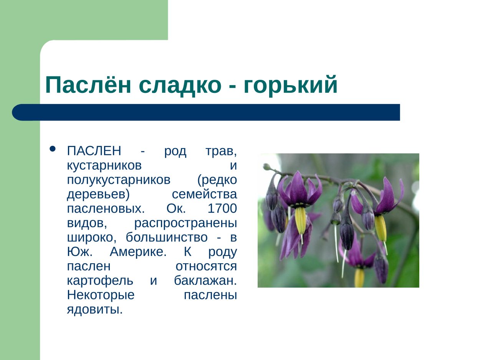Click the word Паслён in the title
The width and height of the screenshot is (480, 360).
click(x=89, y=85)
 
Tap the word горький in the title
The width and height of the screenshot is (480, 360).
click(x=290, y=85)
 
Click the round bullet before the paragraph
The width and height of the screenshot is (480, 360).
click(x=53, y=149)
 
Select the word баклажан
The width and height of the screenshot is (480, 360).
click(x=205, y=281)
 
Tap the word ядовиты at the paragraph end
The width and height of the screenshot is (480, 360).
click(x=94, y=309)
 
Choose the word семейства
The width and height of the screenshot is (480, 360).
click(x=204, y=195)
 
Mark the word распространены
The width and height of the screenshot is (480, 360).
click(x=185, y=223)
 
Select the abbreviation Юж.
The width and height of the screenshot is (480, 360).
click(x=78, y=252)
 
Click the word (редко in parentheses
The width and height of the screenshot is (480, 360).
click(x=217, y=180)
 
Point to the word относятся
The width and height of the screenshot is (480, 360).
click(x=206, y=266)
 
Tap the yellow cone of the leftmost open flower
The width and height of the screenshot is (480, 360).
click(x=300, y=220)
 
